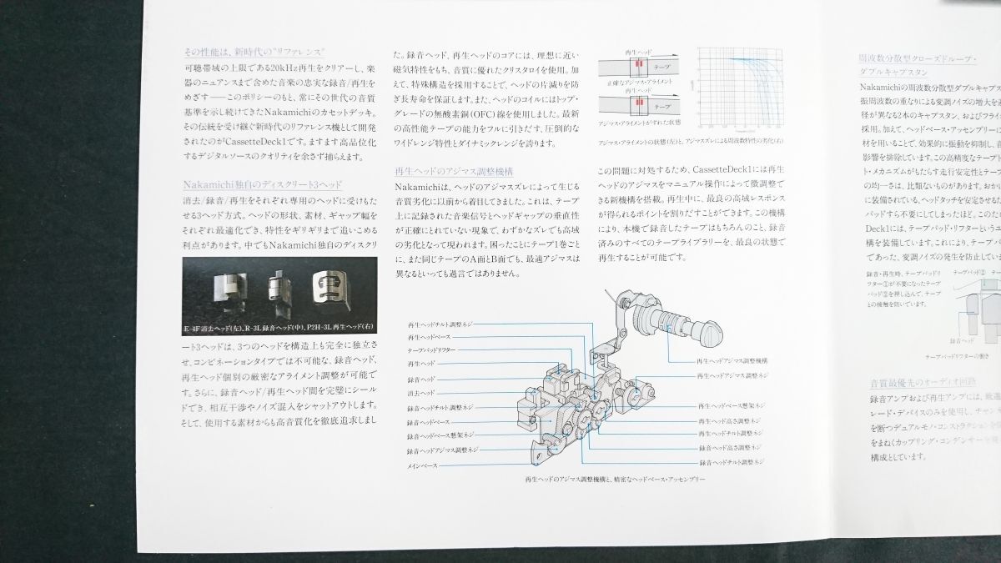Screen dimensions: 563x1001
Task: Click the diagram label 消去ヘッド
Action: pyautogui.click(x=421, y=393)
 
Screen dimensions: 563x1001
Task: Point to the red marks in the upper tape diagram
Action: pyautogui.click(x=639, y=63)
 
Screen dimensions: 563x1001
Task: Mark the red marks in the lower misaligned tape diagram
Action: pyautogui.click(x=639, y=103)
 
